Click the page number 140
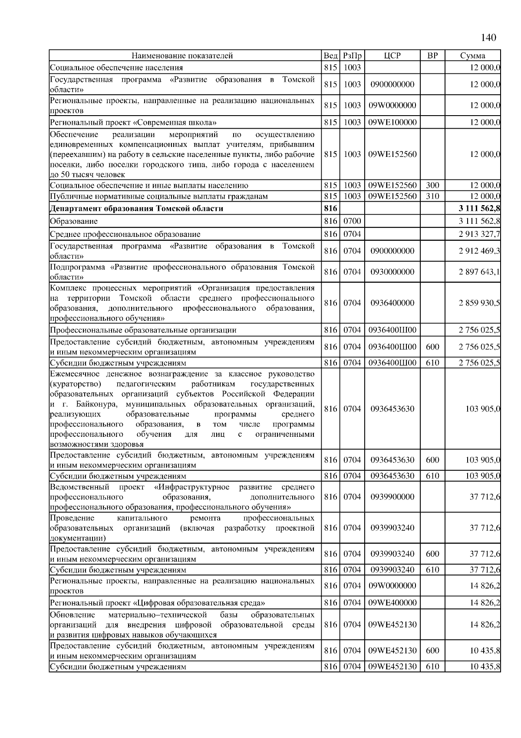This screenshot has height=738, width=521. tap(488, 38)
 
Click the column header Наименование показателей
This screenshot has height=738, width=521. tap(182, 56)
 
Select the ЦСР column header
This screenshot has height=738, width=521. tap(392, 56)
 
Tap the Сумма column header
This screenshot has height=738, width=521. tap(472, 56)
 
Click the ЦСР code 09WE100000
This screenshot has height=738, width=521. tap(392, 123)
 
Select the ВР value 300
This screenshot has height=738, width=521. tap(432, 186)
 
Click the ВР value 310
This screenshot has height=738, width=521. tap(432, 196)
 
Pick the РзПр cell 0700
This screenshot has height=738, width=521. tap(352, 221)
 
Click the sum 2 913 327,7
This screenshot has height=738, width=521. tap(479, 235)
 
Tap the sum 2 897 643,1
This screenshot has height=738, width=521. tap(479, 272)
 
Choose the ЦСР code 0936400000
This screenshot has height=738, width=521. tap(392, 303)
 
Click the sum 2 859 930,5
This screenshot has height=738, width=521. tap(479, 303)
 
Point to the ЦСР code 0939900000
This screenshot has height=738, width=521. tap(392, 497)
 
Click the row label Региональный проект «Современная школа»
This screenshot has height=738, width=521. tap(133, 123)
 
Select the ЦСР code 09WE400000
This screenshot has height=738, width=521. tap(392, 603)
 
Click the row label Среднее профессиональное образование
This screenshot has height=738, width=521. tap(125, 235)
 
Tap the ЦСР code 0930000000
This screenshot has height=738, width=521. tap(392, 272)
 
